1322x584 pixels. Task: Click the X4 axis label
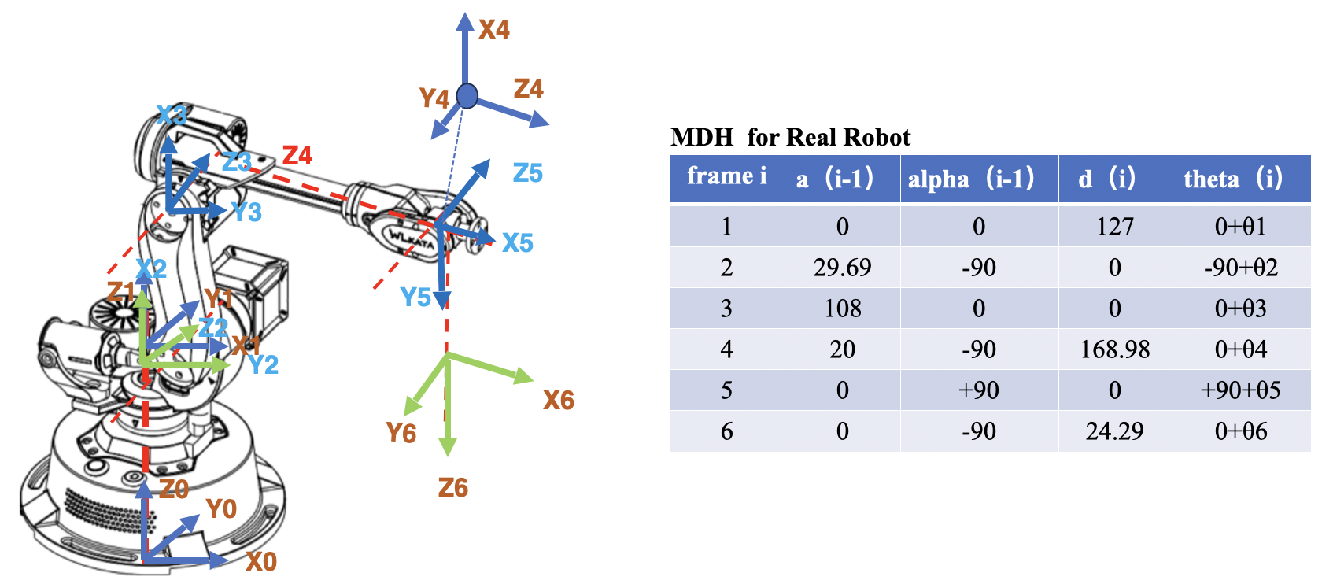(x=494, y=30)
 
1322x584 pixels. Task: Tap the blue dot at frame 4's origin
(x=467, y=96)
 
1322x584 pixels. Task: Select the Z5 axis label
(x=527, y=173)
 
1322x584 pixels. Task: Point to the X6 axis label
(x=559, y=401)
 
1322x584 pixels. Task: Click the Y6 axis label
(x=401, y=433)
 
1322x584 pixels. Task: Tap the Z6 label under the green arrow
(x=453, y=488)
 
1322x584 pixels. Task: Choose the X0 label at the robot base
(x=261, y=562)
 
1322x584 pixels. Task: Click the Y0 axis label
(x=221, y=509)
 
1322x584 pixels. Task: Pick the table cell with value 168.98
(x=1115, y=349)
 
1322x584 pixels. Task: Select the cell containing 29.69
(x=842, y=268)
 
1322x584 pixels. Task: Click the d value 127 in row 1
(x=1115, y=227)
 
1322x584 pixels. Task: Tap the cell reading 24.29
(x=1115, y=431)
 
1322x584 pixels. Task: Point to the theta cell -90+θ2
(x=1241, y=268)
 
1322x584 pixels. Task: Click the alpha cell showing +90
(x=979, y=390)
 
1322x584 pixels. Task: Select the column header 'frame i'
(x=726, y=176)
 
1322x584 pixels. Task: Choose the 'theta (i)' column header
(x=1233, y=179)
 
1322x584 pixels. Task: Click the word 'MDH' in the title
(x=702, y=138)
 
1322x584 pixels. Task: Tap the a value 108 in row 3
(x=842, y=309)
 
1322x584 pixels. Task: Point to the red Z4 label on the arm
(x=297, y=156)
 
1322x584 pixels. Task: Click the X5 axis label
(x=518, y=243)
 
